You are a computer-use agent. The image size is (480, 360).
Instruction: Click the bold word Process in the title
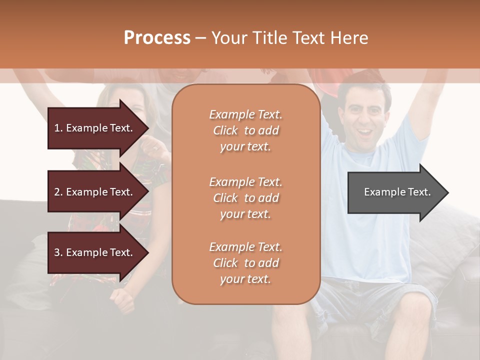(x=157, y=38)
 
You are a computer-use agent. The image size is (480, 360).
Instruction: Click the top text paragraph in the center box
(x=245, y=130)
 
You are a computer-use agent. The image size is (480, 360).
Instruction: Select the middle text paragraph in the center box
(x=245, y=198)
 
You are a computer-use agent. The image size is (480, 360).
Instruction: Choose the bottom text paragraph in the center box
(x=245, y=263)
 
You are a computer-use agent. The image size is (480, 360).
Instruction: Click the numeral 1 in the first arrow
(x=57, y=128)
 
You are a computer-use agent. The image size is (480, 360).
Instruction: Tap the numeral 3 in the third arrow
(x=57, y=252)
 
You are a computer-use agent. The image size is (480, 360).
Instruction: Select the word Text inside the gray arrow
(x=419, y=192)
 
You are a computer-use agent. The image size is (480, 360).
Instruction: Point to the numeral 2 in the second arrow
(x=57, y=192)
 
